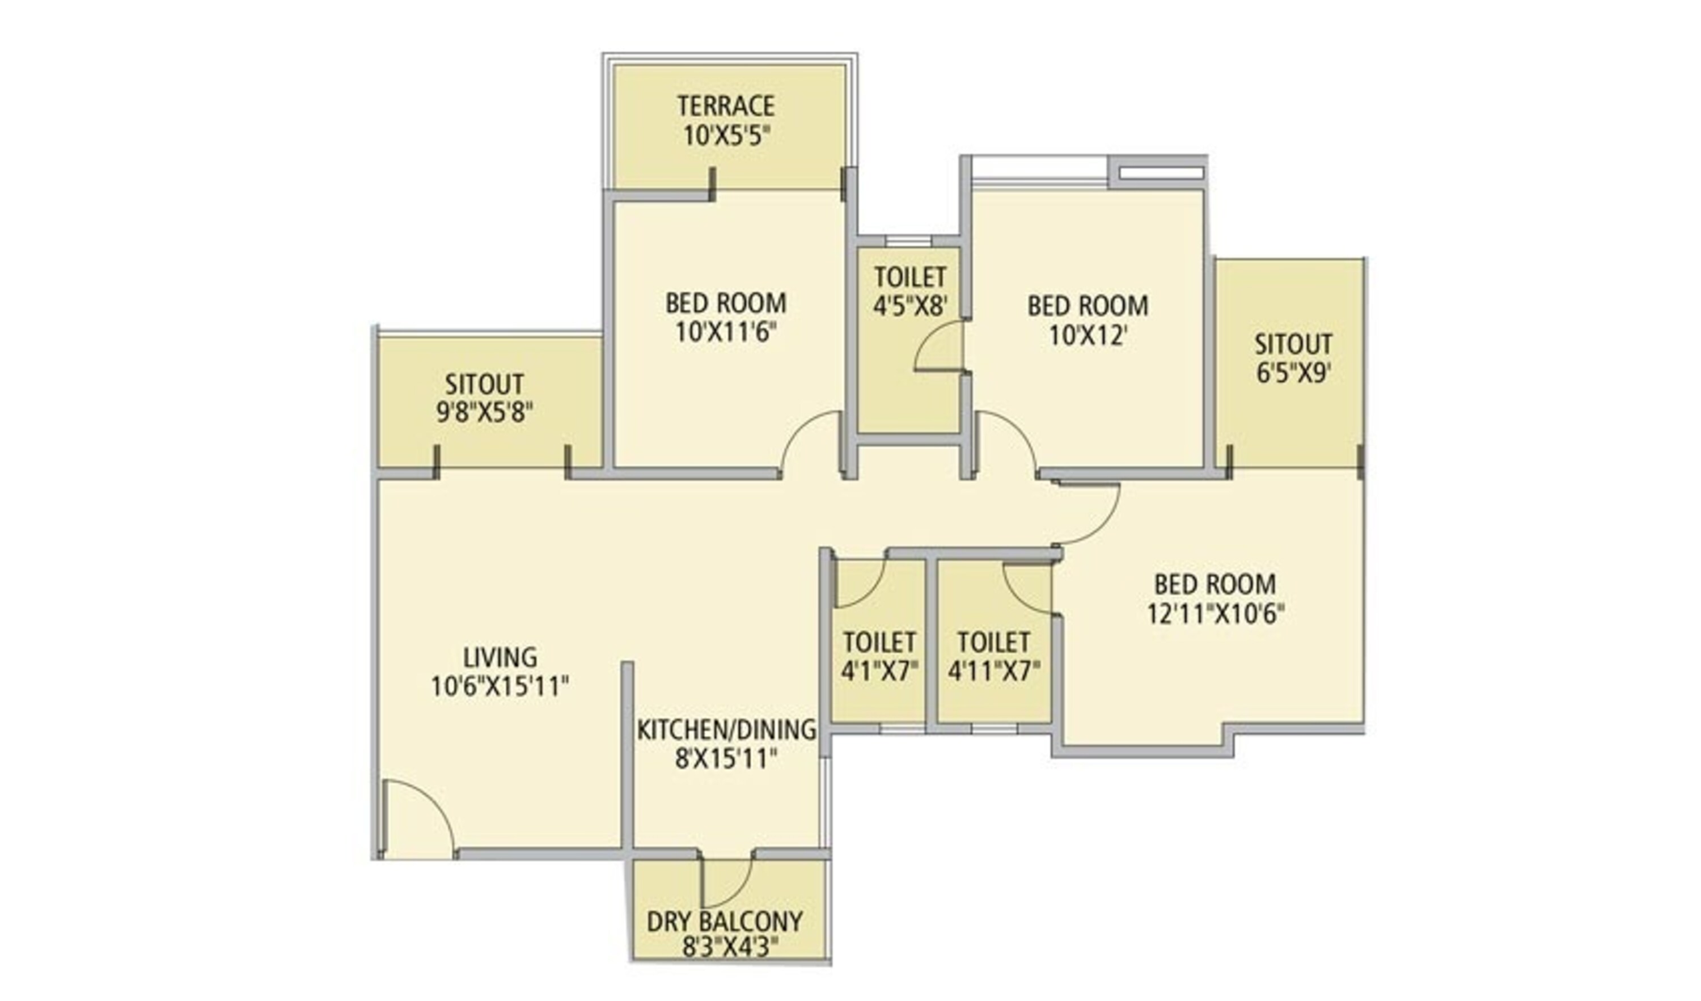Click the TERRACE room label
pyautogui.click(x=726, y=107)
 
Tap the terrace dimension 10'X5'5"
pyautogui.click(x=726, y=136)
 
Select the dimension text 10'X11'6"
pyautogui.click(x=726, y=333)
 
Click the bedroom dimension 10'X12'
pyautogui.click(x=1088, y=336)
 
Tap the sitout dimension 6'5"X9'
pyautogui.click(x=1293, y=373)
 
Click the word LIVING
pyautogui.click(x=500, y=657)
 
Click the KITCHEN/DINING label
pyautogui.click(x=726, y=730)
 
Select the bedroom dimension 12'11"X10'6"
pyautogui.click(x=1215, y=614)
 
